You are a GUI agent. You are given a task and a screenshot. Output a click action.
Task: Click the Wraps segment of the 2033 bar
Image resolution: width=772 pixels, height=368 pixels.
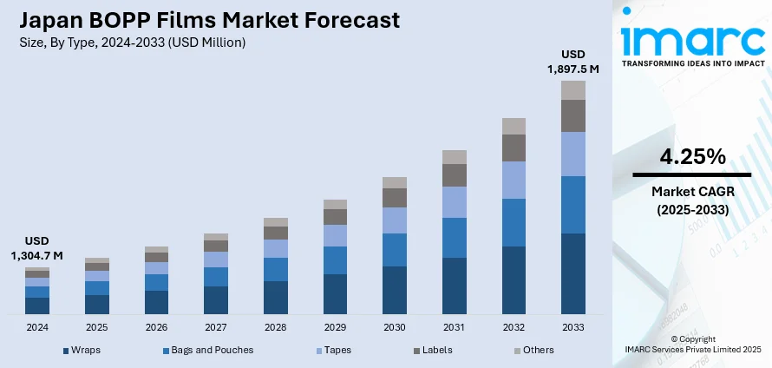pyautogui.click(x=573, y=273)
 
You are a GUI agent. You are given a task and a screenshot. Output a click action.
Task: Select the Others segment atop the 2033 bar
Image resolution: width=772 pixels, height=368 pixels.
pyautogui.click(x=573, y=90)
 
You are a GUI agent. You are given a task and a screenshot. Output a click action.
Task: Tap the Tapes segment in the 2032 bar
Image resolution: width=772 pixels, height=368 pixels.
pyautogui.click(x=514, y=180)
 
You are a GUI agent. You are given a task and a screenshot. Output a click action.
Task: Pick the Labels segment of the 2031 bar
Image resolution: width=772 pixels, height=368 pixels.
pyautogui.click(x=455, y=175)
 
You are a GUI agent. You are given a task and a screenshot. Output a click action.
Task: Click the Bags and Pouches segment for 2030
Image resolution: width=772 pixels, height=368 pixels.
pyautogui.click(x=395, y=250)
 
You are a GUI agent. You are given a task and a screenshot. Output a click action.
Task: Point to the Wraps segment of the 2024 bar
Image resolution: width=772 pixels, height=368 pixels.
pyautogui.click(x=37, y=305)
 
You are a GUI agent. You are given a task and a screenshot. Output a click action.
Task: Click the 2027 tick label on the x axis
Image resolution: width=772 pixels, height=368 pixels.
pyautogui.click(x=216, y=328)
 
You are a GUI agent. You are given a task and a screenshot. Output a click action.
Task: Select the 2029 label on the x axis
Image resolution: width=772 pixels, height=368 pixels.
pyautogui.click(x=335, y=328)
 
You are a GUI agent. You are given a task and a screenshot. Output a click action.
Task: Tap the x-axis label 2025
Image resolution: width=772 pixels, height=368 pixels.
pyautogui.click(x=97, y=328)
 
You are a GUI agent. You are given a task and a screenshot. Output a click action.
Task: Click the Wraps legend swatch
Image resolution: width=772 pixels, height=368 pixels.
pyautogui.click(x=66, y=351)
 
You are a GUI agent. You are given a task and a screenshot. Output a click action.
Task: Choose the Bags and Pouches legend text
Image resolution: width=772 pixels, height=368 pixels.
pyautogui.click(x=213, y=351)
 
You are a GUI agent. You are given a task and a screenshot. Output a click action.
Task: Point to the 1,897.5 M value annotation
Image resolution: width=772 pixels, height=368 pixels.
pyautogui.click(x=573, y=68)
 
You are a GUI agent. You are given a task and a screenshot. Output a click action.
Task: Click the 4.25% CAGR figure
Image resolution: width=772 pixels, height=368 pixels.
pyautogui.click(x=692, y=157)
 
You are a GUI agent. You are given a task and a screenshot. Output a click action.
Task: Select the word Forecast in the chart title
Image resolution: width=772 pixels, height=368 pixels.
pyautogui.click(x=344, y=19)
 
